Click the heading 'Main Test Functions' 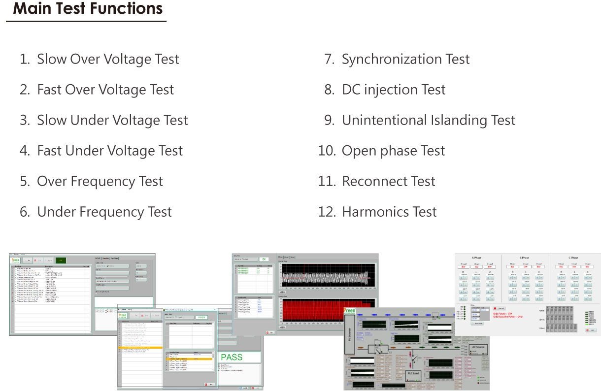click(88, 9)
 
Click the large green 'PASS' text click(232, 357)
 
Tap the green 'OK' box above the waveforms click(264, 259)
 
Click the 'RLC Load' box click(413, 372)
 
